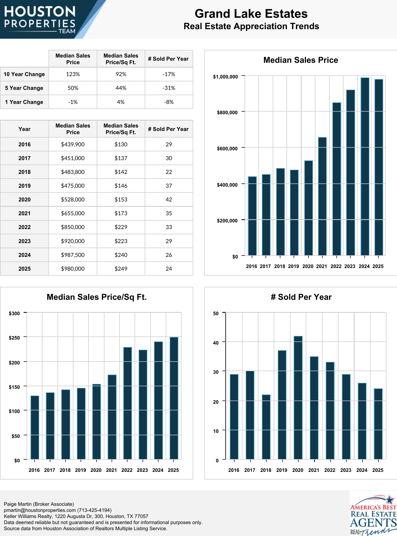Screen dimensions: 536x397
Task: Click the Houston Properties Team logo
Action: pyautogui.click(x=40, y=19)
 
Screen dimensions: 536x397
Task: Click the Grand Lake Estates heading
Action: pyautogui.click(x=251, y=14)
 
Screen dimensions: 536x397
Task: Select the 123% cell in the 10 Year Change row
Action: pyautogui.click(x=73, y=74)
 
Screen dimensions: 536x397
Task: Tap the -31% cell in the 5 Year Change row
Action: pyautogui.click(x=169, y=88)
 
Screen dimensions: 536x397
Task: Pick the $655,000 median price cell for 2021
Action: pyautogui.click(x=73, y=213)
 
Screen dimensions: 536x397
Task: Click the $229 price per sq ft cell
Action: pyautogui.click(x=121, y=227)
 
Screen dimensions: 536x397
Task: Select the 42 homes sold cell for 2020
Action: pyautogui.click(x=169, y=200)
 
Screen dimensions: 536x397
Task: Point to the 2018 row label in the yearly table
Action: pyautogui.click(x=24, y=172)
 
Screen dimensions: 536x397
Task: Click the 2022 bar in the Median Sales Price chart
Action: pyautogui.click(x=337, y=179)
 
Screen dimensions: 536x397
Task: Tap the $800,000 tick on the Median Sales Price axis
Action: pyautogui.click(x=227, y=113)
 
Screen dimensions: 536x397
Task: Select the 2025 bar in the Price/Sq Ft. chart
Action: pyautogui.click(x=174, y=398)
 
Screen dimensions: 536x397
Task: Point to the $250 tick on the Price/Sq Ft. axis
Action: pyautogui.click(x=14, y=338)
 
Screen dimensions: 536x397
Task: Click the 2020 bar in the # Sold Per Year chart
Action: pyautogui.click(x=298, y=398)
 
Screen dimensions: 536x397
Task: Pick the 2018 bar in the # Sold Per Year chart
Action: pyautogui.click(x=266, y=427)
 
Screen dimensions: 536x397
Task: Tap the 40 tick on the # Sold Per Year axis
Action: pyautogui.click(x=216, y=343)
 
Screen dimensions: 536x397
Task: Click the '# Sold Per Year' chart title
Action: pyautogui.click(x=301, y=297)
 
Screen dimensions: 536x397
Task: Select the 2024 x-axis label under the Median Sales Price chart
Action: pyautogui.click(x=364, y=266)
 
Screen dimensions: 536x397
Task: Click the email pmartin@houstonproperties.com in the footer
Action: pyautogui.click(x=40, y=510)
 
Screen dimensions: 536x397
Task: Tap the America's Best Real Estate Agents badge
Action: pyautogui.click(x=373, y=514)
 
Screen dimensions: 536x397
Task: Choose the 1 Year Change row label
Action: pyautogui.click(x=24, y=102)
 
